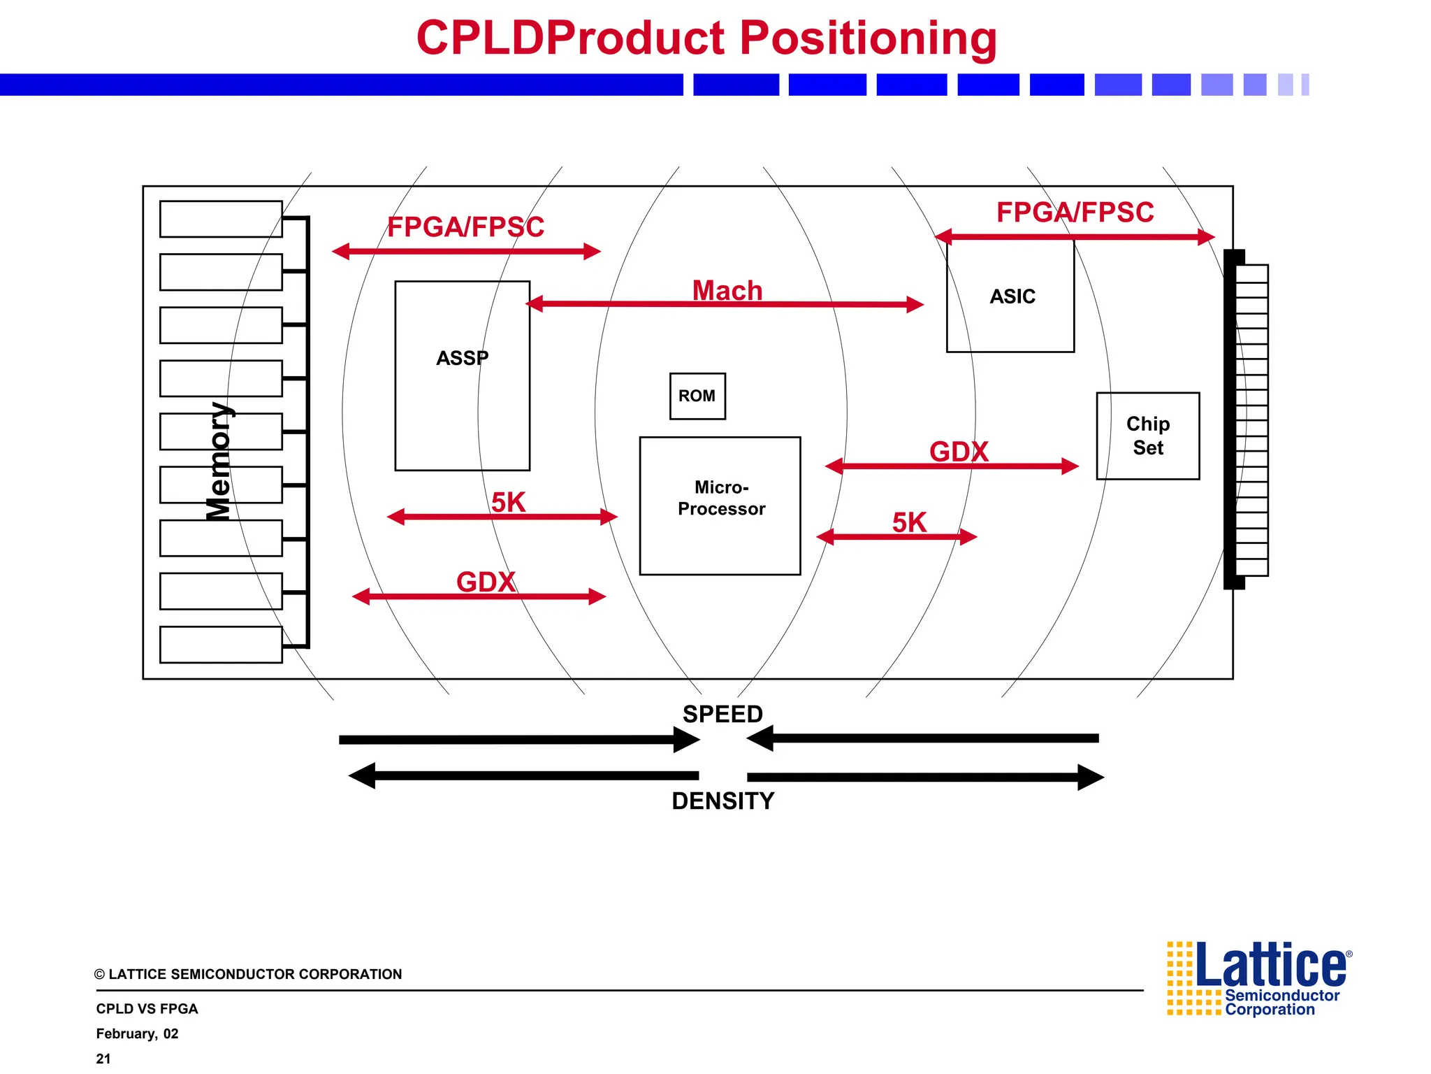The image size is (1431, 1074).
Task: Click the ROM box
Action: (697, 396)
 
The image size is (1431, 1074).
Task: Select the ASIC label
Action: (1012, 296)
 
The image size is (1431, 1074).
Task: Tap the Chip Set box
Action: (1147, 436)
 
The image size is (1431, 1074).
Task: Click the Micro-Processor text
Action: (721, 498)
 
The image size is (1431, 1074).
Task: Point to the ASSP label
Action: (462, 358)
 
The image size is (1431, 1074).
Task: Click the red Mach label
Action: (727, 290)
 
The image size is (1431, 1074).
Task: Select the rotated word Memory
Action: (219, 461)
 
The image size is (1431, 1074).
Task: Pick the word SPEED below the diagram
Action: (722, 714)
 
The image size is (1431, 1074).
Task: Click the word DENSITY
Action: (722, 801)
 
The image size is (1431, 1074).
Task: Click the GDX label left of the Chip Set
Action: (959, 451)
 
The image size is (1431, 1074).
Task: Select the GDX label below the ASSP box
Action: (486, 581)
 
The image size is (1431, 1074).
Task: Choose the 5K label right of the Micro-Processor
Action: (908, 522)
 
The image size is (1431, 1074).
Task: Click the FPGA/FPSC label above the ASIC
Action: (1075, 212)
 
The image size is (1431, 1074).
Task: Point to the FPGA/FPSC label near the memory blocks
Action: (465, 227)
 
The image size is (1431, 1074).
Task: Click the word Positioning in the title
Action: (868, 38)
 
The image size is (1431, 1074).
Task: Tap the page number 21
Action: (103, 1059)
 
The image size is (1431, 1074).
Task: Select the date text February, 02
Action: (137, 1033)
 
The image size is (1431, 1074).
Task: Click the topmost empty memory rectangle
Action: (221, 219)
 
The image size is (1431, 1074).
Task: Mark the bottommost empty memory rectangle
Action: (221, 644)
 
